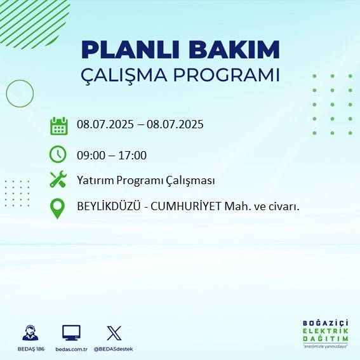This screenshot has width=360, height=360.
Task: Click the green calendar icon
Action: coord(58,126)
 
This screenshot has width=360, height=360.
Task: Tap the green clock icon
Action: coord(58,154)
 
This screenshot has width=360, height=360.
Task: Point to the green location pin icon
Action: coord(58,208)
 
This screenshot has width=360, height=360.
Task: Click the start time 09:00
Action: coord(90,156)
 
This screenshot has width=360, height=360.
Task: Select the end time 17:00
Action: coord(133,156)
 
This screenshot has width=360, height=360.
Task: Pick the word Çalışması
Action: coord(191,181)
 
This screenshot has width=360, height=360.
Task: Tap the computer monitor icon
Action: coord(71,333)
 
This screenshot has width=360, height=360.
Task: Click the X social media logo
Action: coord(114,333)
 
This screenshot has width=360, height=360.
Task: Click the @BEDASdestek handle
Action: coord(114,349)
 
